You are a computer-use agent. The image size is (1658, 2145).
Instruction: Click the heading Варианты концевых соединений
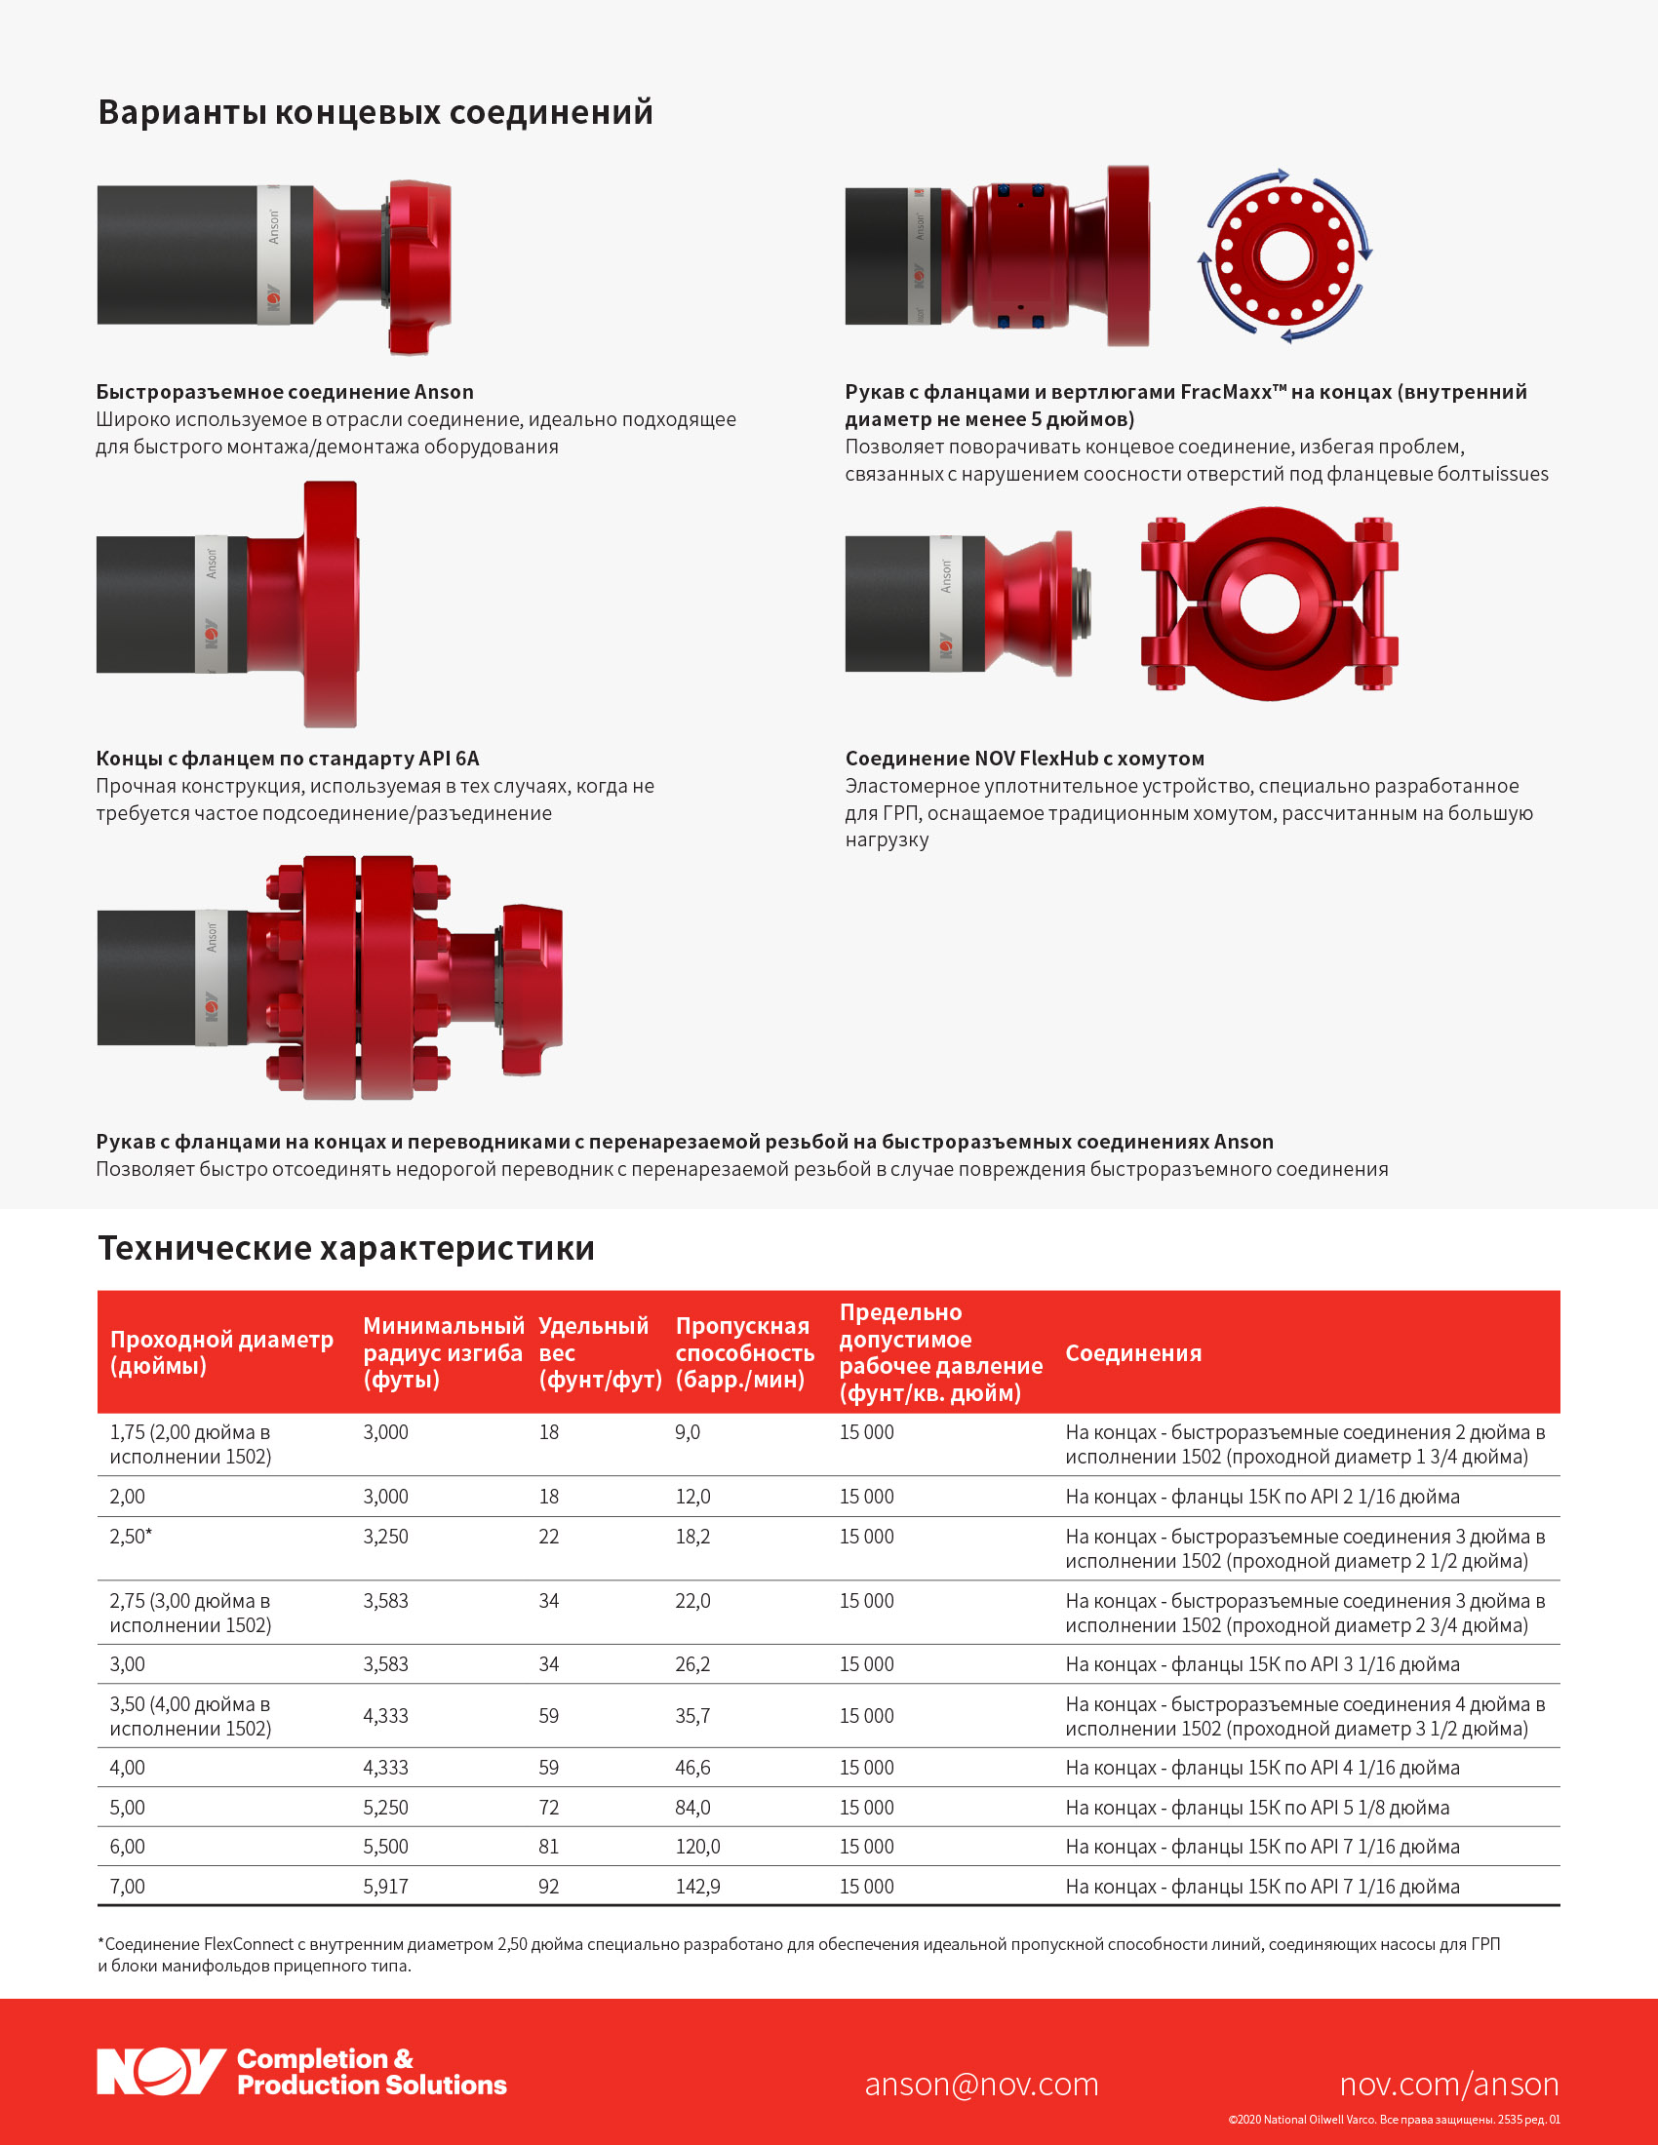(x=375, y=112)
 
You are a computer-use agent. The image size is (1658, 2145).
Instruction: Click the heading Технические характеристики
(x=346, y=1247)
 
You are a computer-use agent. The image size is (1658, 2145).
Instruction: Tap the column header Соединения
(x=1133, y=1352)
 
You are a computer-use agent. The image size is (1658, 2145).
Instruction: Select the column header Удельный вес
(x=600, y=1352)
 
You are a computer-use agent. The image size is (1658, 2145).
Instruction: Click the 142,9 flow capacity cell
(x=697, y=1886)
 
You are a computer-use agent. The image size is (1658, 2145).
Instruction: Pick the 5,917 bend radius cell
(x=386, y=1886)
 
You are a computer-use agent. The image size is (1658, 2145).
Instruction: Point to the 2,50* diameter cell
(x=131, y=1536)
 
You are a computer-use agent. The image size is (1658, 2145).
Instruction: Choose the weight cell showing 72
(x=549, y=1807)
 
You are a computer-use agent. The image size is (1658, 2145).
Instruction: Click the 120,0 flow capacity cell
(x=697, y=1847)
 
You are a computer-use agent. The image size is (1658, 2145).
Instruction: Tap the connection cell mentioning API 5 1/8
(x=1257, y=1807)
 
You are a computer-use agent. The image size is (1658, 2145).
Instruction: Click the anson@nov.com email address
(x=981, y=2084)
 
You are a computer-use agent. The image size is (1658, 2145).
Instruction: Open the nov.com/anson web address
(x=1448, y=2084)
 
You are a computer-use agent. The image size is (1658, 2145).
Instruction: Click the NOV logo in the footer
(x=162, y=2071)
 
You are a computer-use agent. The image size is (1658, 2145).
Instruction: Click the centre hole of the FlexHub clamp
(x=1269, y=603)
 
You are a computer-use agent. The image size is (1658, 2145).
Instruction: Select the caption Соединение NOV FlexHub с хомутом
(x=1024, y=759)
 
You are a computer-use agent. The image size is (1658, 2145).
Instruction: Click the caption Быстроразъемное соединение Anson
(x=285, y=392)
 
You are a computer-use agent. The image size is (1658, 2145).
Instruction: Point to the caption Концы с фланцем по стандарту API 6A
(x=288, y=759)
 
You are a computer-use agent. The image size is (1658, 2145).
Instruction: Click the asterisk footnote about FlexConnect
(x=799, y=1955)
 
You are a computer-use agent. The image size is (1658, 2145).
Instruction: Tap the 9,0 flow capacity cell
(x=688, y=1432)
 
